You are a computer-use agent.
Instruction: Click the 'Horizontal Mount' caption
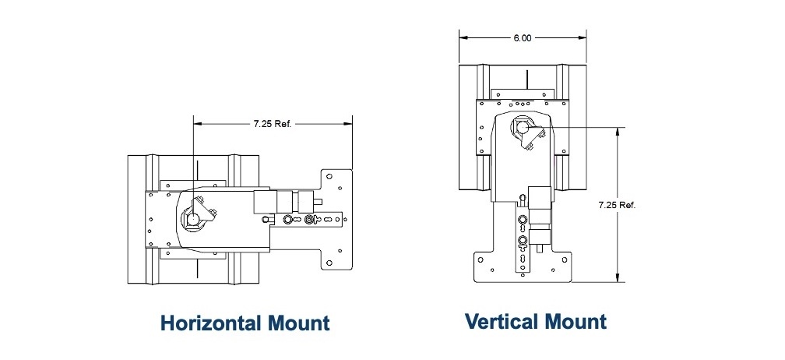(245, 323)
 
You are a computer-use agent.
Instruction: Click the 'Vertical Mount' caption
(536, 320)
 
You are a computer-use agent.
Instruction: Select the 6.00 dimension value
(523, 37)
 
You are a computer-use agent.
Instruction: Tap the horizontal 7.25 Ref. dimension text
(272, 124)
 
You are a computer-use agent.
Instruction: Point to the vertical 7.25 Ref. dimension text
(618, 205)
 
